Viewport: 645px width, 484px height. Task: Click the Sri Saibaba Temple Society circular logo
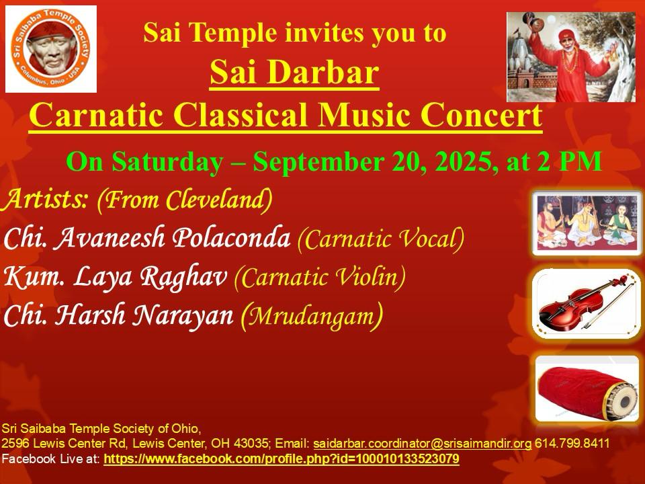(51, 48)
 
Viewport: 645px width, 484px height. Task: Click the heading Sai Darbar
(294, 73)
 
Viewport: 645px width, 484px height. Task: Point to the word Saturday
(168, 162)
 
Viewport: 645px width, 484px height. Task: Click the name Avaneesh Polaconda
(172, 237)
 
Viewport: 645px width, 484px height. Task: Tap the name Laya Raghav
(150, 276)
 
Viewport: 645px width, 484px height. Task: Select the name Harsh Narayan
(144, 315)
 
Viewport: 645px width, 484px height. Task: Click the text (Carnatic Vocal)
(381, 238)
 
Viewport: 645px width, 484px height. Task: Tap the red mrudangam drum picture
(587, 389)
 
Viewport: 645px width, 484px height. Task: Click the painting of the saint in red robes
(571, 56)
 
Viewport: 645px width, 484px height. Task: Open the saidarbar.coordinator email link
(423, 444)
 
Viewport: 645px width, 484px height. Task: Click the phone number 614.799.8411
(572, 443)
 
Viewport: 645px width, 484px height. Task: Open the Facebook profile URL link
(282, 458)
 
